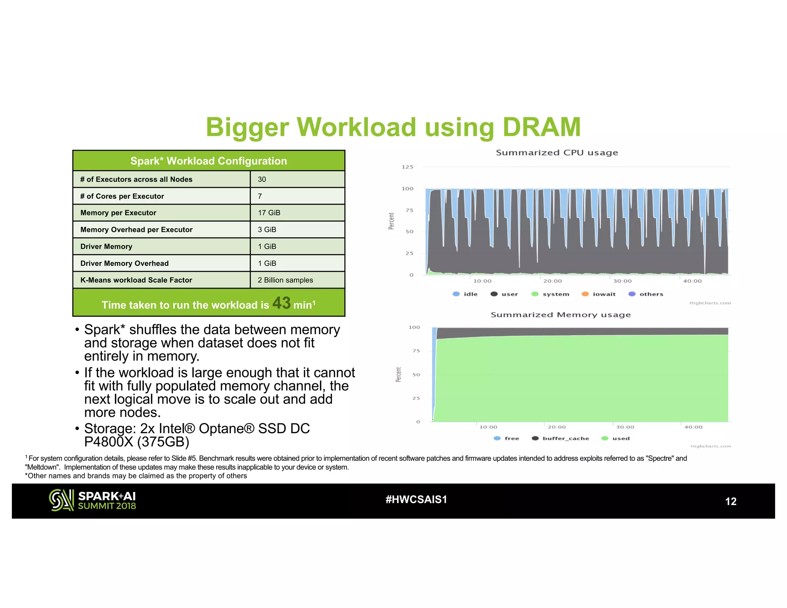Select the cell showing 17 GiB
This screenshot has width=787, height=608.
tap(269, 213)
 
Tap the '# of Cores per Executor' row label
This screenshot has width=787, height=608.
tap(122, 196)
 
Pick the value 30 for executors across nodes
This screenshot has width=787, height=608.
tap(262, 179)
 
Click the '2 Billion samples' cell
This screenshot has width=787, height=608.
tap(285, 280)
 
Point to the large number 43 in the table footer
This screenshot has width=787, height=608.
tap(281, 303)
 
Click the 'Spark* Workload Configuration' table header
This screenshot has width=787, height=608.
tap(209, 161)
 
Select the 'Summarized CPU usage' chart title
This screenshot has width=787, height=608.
tap(557, 153)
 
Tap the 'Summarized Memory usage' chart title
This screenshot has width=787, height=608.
tap(560, 315)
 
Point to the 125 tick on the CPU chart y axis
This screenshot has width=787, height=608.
tap(407, 167)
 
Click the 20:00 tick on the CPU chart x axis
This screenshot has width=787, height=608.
tap(552, 281)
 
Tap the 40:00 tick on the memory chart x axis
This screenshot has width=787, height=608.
tap(693, 427)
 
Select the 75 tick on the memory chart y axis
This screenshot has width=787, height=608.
tap(416, 351)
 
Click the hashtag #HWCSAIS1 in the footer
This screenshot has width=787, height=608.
tap(416, 500)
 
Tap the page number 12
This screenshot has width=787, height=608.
tap(731, 502)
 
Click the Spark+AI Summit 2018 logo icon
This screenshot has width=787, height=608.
tap(61, 500)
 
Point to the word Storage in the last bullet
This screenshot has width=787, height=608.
tap(110, 429)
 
